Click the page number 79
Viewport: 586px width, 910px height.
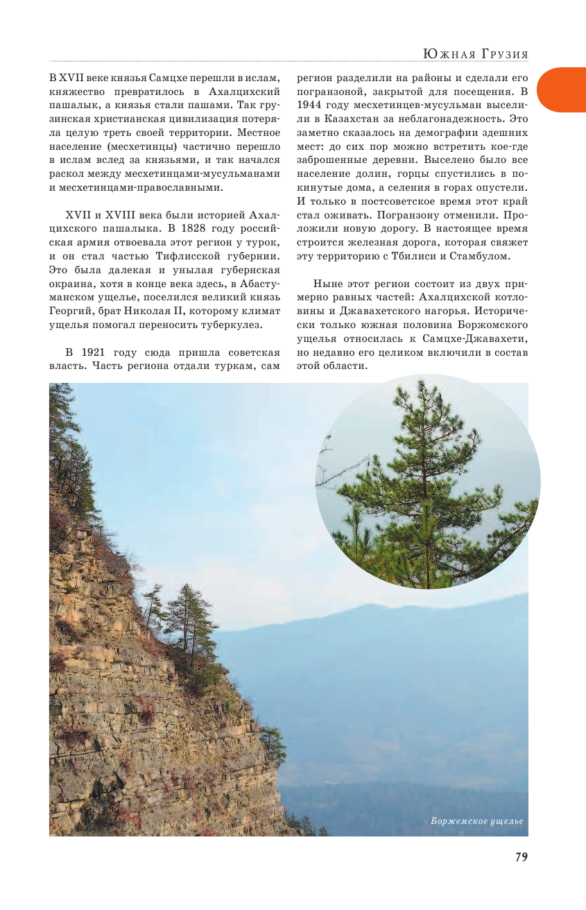(x=522, y=857)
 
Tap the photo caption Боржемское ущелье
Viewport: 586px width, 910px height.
(x=476, y=822)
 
